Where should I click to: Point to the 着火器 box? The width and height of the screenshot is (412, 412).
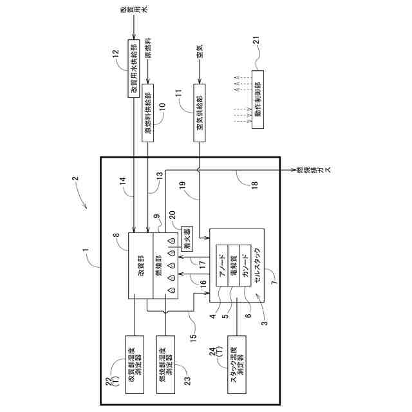click(186, 238)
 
